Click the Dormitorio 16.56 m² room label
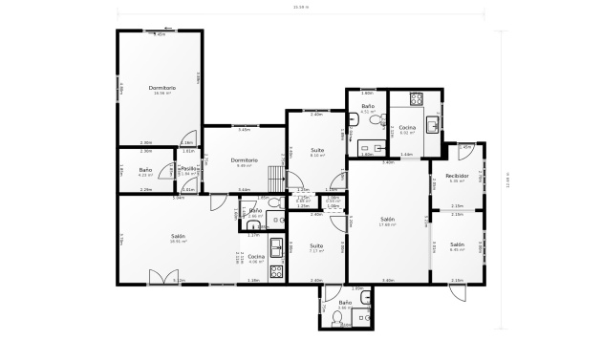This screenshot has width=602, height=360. click(161, 91)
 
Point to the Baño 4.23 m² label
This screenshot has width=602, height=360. click(146, 172)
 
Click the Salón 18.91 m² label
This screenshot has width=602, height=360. click(179, 238)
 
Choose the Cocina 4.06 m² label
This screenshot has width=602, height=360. click(256, 258)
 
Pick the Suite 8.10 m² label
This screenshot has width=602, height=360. click(317, 153)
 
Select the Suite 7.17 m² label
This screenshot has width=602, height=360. click(315, 249)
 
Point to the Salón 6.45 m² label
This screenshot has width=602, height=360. click(457, 246)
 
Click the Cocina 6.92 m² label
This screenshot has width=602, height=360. click(406, 130)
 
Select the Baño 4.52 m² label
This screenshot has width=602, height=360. click(367, 109)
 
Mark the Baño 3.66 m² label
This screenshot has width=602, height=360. click(344, 305)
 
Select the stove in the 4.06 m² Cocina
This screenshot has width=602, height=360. click(276, 271)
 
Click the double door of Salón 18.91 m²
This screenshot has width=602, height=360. click(162, 278)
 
